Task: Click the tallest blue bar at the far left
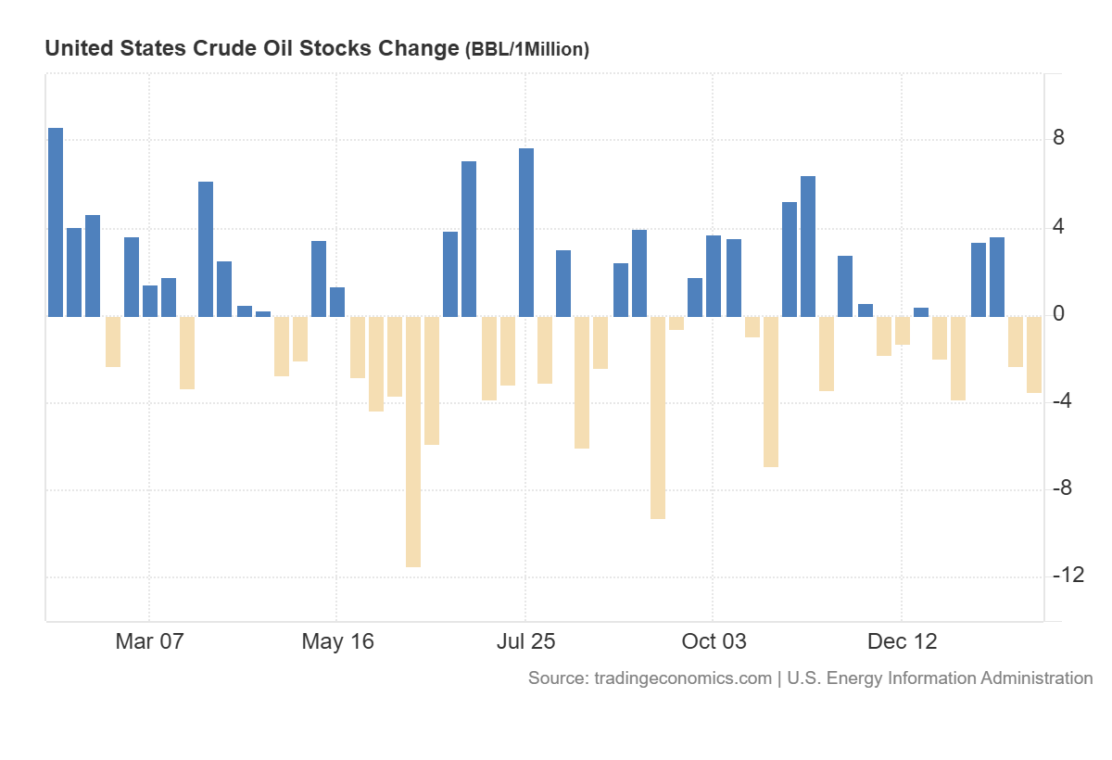coord(56,222)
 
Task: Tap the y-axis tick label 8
coord(1058,139)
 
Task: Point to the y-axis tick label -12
coord(1068,576)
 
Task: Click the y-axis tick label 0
coord(1058,314)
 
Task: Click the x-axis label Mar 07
coord(149,641)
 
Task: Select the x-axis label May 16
coord(338,641)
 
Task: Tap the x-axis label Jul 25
coord(525,641)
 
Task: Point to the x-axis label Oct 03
coord(713,641)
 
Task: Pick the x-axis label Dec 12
coord(901,641)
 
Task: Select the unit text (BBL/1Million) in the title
coord(526,50)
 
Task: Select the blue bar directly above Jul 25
coord(526,232)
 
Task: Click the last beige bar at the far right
coord(1034,354)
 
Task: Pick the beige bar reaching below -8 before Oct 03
coord(658,417)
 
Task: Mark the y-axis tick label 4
coord(1058,227)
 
